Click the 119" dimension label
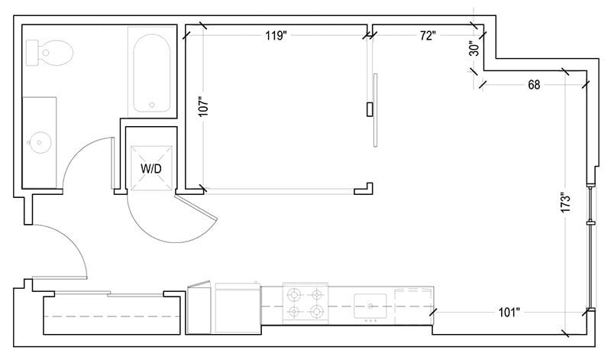point(277,35)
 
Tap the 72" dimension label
point(427,35)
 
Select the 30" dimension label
point(474,49)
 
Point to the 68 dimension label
point(534,85)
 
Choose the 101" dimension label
point(509,312)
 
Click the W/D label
point(150,167)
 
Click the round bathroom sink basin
point(39,141)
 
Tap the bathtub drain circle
point(152,105)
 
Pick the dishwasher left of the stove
point(237,307)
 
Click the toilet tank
point(33,53)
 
